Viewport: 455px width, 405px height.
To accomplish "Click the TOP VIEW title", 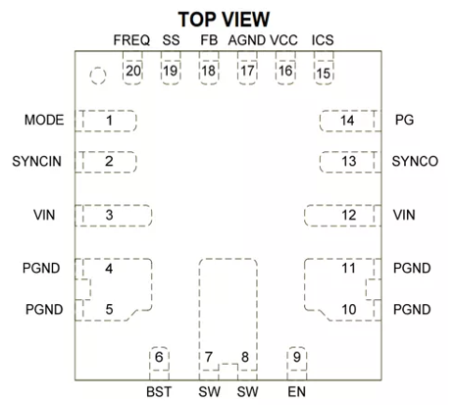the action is tap(224, 20).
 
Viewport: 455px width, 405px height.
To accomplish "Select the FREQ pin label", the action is tap(131, 40).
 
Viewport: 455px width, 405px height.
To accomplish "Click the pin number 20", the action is tap(133, 71).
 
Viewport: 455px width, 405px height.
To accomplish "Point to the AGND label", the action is tap(247, 40).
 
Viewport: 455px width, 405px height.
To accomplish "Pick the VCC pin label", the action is tap(283, 40).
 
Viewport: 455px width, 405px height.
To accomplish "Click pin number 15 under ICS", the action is tap(324, 74).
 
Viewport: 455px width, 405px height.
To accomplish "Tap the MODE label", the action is tap(44, 120).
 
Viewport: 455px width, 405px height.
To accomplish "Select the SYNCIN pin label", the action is tap(36, 161).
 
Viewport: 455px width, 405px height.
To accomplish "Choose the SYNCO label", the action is tap(415, 161).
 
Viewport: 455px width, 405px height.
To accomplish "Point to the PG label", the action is tap(404, 120).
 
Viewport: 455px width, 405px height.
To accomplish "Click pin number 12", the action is tap(349, 215).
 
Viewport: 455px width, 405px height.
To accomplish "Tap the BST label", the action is tap(159, 391).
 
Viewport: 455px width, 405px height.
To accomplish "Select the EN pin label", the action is tap(297, 391).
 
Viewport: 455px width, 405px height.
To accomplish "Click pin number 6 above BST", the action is tap(159, 357).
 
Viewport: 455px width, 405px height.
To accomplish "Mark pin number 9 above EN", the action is tap(297, 357).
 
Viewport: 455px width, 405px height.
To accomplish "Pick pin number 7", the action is tap(209, 357).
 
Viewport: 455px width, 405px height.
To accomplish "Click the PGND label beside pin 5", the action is tap(44, 309).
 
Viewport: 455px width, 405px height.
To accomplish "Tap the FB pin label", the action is tap(209, 40).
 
